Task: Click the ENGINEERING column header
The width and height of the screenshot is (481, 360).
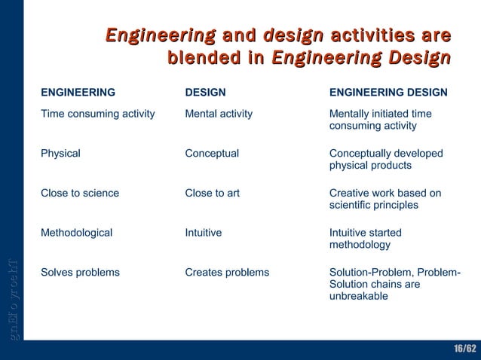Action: click(78, 93)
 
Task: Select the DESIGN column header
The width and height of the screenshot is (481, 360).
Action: click(205, 93)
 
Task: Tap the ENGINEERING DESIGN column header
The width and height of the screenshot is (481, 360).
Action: click(388, 93)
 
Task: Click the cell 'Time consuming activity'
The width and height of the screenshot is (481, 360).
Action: click(97, 114)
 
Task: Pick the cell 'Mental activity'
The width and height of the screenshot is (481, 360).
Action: click(219, 114)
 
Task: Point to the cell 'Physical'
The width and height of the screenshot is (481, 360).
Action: click(60, 153)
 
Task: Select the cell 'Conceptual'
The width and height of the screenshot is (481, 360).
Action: click(212, 153)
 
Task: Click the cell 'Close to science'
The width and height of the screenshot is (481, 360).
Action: click(79, 193)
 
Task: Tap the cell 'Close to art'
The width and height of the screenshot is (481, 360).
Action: click(212, 193)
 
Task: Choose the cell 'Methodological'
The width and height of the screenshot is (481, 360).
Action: click(76, 233)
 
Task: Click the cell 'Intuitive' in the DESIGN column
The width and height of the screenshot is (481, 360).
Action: click(203, 233)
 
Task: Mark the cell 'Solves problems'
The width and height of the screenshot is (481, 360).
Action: click(80, 272)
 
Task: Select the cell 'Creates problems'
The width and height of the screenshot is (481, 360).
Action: click(227, 272)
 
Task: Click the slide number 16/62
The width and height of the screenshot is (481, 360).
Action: click(464, 349)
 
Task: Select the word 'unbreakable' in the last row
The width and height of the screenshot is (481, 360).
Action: click(358, 296)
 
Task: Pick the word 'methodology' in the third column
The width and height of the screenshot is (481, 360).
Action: click(360, 245)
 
